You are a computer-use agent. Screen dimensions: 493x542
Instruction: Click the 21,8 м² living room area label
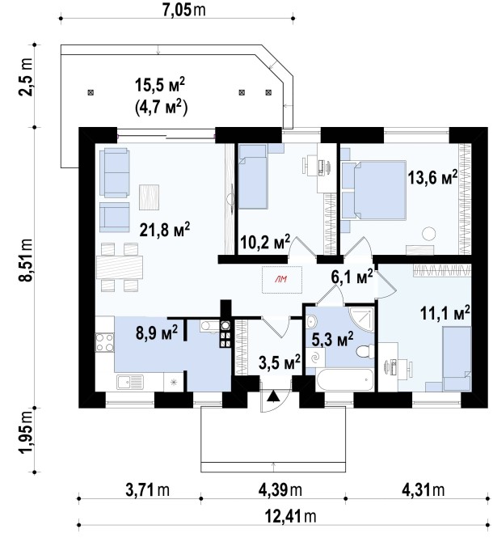tap(165, 230)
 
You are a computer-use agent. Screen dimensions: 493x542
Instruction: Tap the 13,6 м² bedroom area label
tap(432, 177)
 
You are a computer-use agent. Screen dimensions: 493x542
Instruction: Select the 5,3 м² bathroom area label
tap(332, 340)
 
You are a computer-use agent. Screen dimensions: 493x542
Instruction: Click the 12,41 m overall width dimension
tap(290, 516)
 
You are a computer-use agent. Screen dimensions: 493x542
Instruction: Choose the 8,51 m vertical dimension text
tap(27, 260)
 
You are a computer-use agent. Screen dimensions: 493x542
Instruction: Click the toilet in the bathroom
tap(364, 352)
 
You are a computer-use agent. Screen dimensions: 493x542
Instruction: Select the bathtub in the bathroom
tap(344, 380)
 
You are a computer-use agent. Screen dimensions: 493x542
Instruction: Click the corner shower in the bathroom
tap(361, 319)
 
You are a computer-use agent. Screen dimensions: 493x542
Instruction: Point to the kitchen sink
tap(130, 383)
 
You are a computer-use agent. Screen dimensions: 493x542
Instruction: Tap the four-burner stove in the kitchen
tap(104, 342)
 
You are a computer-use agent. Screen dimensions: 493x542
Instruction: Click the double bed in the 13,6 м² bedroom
tap(374, 190)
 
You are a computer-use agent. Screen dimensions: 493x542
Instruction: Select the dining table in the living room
tap(120, 268)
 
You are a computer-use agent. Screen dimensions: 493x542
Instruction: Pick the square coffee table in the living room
tap(150, 197)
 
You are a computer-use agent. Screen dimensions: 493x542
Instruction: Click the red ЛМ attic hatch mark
tap(281, 280)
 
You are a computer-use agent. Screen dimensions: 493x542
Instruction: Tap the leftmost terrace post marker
tap(91, 92)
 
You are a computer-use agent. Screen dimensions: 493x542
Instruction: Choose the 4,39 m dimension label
tap(280, 489)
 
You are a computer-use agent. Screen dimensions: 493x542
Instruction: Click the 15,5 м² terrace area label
tap(160, 86)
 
